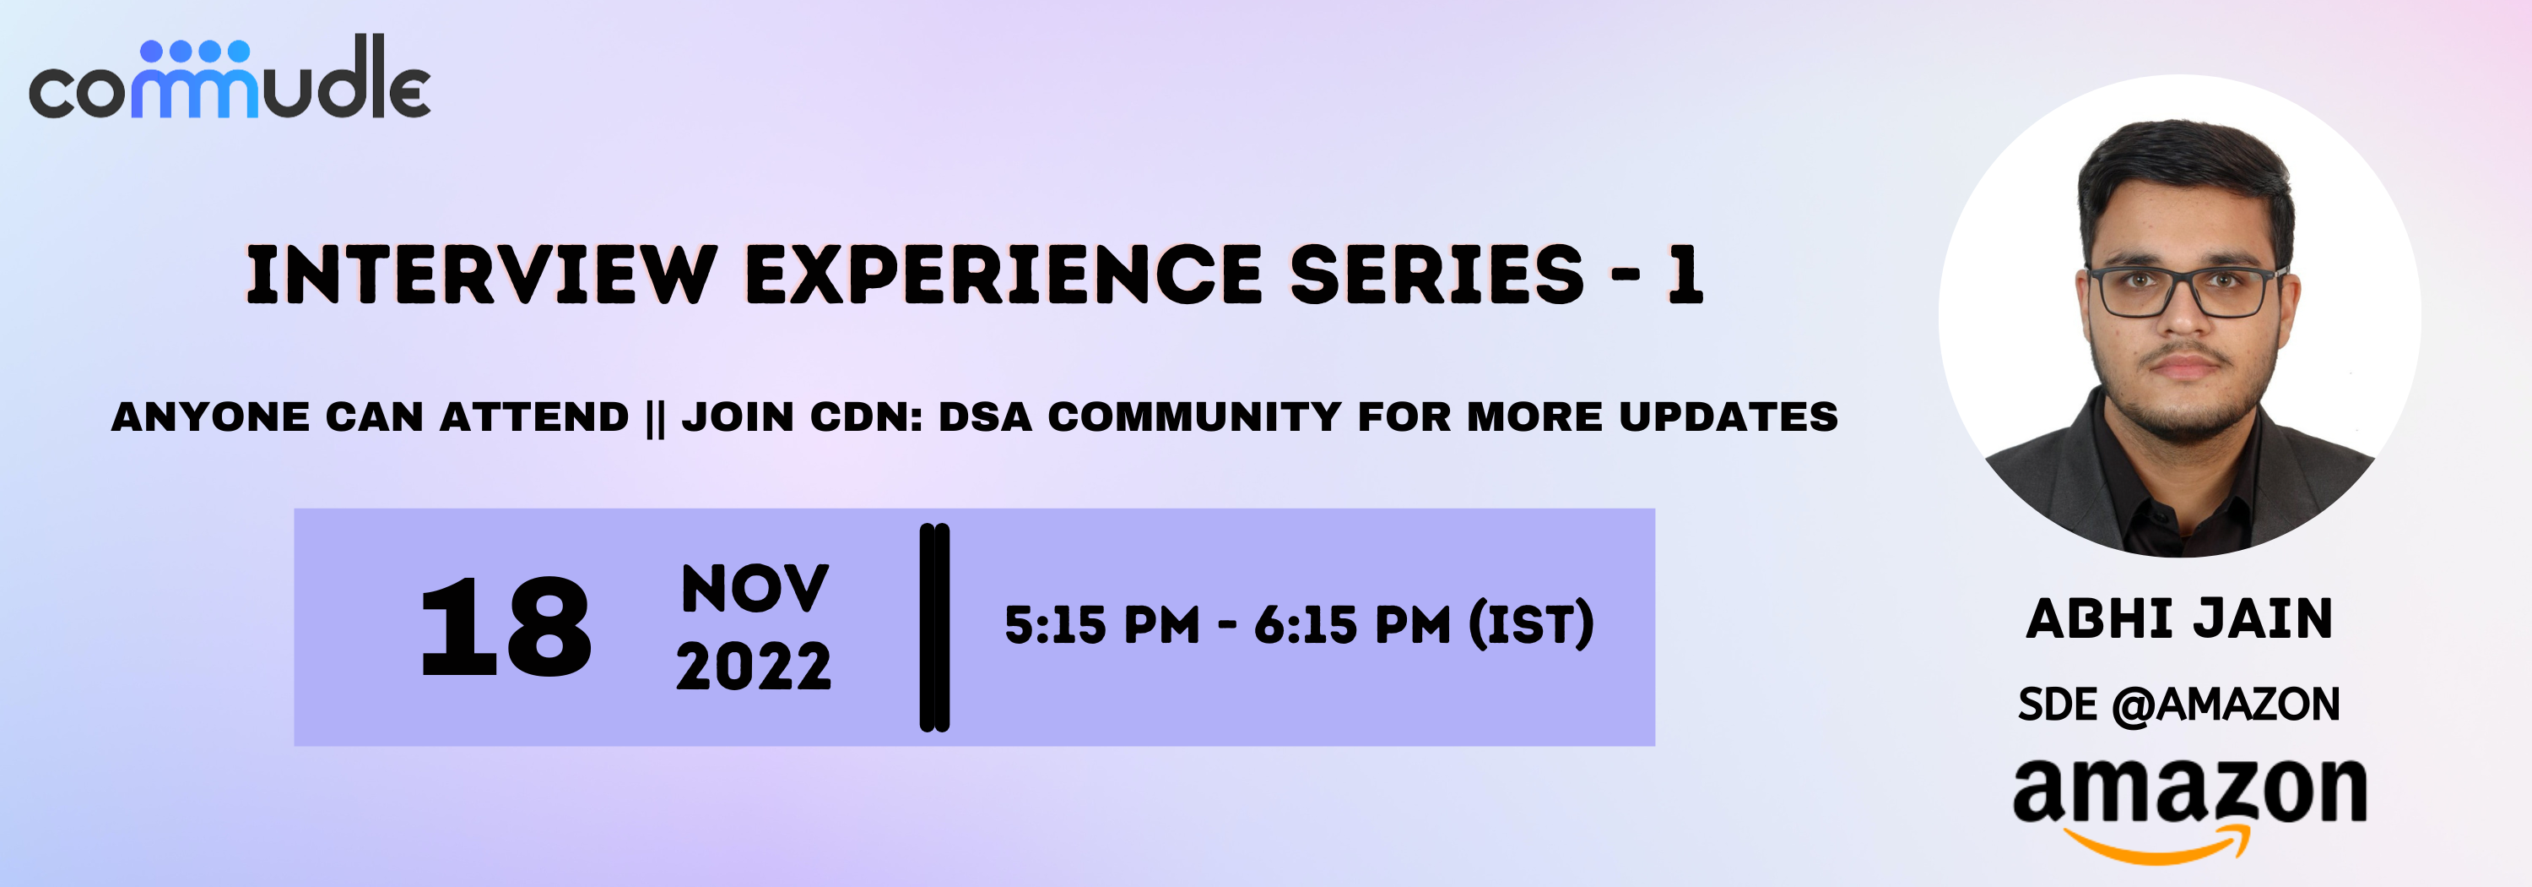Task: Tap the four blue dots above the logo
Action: pos(196,50)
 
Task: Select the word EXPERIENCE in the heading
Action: pos(1003,275)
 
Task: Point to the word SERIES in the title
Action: pos(1436,275)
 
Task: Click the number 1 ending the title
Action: pos(1684,275)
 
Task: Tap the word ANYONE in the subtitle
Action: pos(210,417)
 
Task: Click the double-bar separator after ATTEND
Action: pos(656,418)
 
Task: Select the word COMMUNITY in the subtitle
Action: pos(1194,417)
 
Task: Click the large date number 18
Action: pos(506,628)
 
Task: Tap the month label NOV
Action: pos(755,589)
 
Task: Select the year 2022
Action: pos(754,667)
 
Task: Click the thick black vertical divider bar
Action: pos(933,628)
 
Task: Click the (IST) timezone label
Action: pos(1530,624)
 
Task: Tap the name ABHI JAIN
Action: pos(2179,618)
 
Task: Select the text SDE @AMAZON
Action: pos(2178,704)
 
